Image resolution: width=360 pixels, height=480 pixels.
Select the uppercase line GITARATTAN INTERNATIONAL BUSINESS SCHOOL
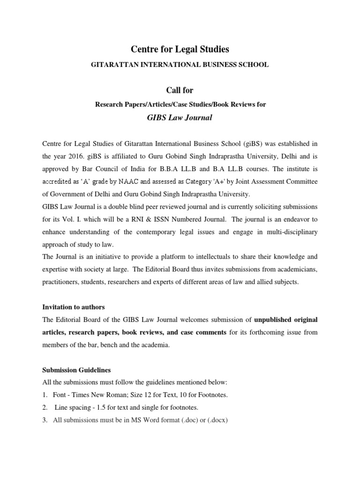coord(180,65)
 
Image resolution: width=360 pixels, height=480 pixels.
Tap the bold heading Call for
coord(180,90)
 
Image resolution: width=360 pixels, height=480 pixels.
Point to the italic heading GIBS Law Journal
coord(180,117)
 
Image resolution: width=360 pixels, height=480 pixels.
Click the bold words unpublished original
coord(286,320)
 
